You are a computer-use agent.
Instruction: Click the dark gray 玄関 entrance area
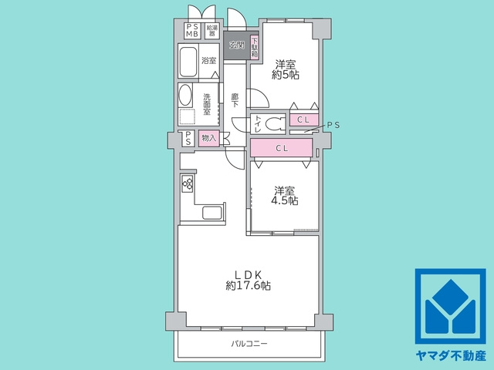pos(237,45)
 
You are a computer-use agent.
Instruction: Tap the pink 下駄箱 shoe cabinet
pos(255,47)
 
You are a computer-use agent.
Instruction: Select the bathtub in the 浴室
pos(188,61)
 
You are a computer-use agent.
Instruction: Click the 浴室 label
pos(209,60)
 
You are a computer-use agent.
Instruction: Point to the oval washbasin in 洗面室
pos(185,94)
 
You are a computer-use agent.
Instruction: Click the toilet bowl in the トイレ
pos(275,123)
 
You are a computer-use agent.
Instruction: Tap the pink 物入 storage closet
pos(208,138)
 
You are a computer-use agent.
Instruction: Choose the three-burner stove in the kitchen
pos(188,183)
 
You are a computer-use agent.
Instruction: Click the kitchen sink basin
pos(212,213)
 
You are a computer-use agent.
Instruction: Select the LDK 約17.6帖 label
pos(248,280)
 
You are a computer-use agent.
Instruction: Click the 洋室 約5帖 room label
pos(286,69)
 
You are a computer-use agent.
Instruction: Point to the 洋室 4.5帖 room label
pos(285,196)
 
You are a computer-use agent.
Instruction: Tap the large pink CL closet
pos(281,147)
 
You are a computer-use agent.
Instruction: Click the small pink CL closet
pos(303,119)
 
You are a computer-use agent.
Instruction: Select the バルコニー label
pos(249,343)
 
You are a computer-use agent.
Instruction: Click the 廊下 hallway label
pos(235,100)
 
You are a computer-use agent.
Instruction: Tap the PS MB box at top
pos(192,31)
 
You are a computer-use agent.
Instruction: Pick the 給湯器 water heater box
pos(212,31)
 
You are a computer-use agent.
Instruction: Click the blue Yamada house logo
pos(450,306)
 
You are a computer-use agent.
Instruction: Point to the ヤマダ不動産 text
pos(451,356)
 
